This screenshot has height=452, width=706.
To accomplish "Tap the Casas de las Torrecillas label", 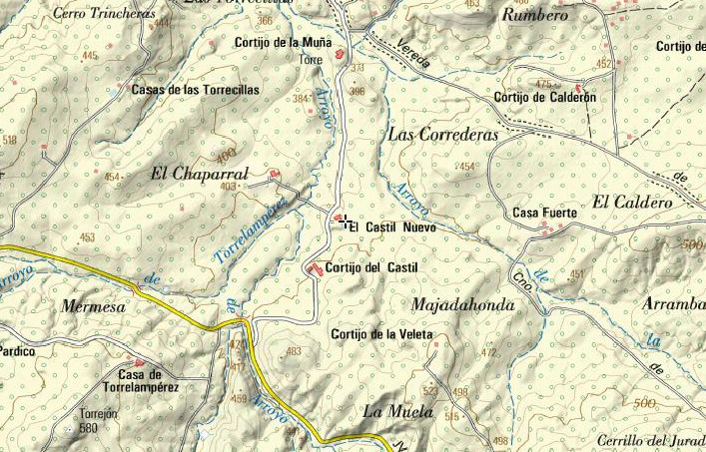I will [x=196, y=89].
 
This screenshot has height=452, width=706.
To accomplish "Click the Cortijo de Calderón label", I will [x=545, y=97].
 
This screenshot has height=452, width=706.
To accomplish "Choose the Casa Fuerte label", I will [x=539, y=213].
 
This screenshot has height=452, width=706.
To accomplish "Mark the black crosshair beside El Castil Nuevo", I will [x=344, y=221].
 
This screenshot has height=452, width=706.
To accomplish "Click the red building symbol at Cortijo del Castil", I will [x=317, y=269].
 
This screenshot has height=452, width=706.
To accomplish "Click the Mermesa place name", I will [x=93, y=307].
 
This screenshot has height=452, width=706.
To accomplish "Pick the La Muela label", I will [x=398, y=411].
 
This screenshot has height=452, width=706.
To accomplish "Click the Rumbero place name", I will [x=535, y=15].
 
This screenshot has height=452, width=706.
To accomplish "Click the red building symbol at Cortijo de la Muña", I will [x=341, y=52].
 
